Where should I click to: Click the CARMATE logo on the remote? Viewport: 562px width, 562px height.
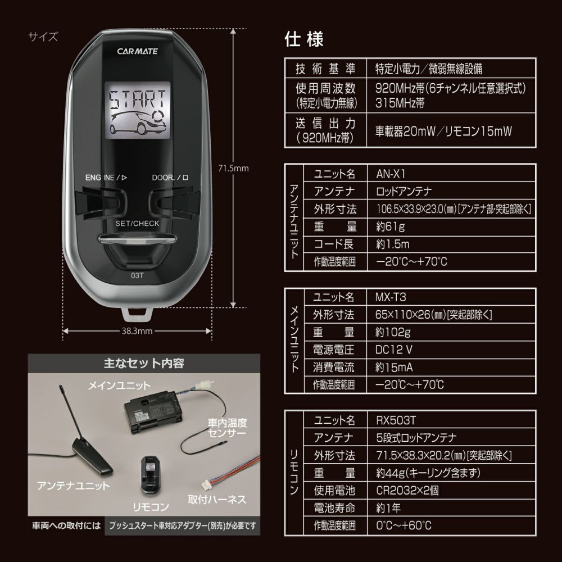[x=137, y=51]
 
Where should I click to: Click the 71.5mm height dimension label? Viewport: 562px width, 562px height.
[x=233, y=167]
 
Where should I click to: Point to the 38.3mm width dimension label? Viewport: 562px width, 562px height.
[x=137, y=330]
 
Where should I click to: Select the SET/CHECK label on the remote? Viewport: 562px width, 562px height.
[x=137, y=223]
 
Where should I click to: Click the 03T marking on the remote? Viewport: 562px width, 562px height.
[x=137, y=275]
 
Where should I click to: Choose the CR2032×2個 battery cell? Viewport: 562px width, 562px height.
[x=406, y=490]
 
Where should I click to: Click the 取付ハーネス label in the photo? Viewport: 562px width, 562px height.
[x=216, y=499]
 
